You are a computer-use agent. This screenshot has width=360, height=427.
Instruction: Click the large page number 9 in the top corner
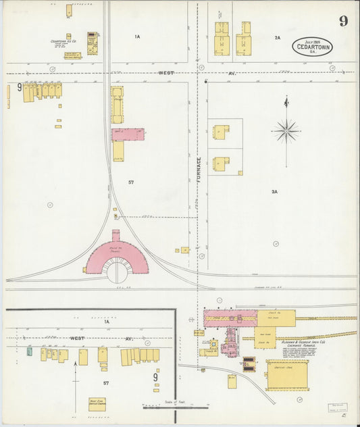[x=343, y=20]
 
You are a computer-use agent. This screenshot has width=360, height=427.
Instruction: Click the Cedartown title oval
[x=312, y=46]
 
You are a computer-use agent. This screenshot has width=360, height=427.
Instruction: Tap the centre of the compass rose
[x=286, y=130]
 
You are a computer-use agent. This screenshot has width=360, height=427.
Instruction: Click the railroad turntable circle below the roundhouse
[x=118, y=270]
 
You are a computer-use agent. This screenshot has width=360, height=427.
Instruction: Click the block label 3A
[x=275, y=193]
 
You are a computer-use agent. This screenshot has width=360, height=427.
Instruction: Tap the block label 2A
[x=277, y=38]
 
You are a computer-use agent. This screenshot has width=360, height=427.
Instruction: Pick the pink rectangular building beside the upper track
[x=128, y=134]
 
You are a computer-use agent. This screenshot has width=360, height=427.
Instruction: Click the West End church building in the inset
[x=97, y=404]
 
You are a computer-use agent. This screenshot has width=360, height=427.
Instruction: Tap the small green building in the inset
[x=30, y=351]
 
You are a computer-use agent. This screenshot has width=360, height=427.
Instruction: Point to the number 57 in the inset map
[x=105, y=382]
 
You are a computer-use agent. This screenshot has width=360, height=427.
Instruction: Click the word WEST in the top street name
[x=165, y=73]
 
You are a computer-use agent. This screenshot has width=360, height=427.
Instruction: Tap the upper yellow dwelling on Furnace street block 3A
[x=220, y=132]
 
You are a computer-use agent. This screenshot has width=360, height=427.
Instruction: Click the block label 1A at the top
[x=137, y=36]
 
